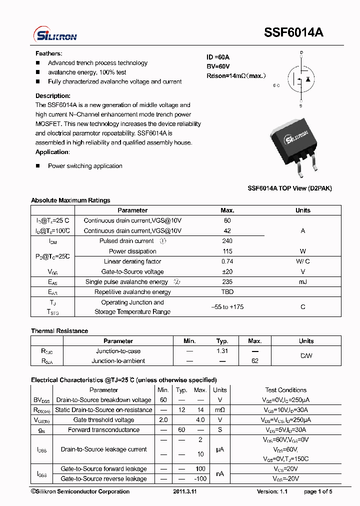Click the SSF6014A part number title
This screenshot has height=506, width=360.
293,32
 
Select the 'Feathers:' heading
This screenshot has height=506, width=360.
48,53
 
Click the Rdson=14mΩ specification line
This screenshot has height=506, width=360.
236,76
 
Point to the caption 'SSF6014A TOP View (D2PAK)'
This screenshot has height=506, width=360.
289,188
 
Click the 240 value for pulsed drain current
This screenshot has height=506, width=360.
227,241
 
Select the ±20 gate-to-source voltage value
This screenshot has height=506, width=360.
227,271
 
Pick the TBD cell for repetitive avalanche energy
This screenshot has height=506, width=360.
227,292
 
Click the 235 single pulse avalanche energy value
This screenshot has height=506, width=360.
227,282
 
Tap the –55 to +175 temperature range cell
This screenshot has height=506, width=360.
227,307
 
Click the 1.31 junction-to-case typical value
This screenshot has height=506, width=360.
222,351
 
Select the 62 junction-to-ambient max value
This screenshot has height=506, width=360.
254,361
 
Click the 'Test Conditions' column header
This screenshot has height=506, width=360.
285,390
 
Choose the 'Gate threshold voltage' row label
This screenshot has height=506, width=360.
103,420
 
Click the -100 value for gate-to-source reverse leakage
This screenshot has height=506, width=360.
200,479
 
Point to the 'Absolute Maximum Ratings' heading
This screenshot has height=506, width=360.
70,200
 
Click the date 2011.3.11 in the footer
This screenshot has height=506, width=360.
185,492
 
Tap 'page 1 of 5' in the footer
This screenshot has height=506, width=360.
317,492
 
